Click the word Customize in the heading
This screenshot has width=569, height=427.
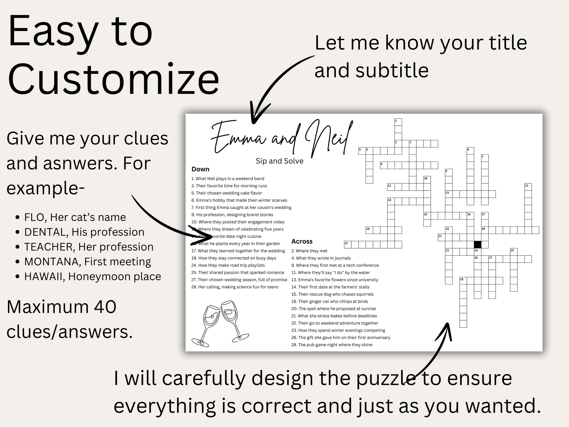[x=113, y=79]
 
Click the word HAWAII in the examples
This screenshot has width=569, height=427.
[x=44, y=277]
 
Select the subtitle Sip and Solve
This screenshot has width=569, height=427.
[x=279, y=161]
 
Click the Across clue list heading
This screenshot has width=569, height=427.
[x=302, y=241]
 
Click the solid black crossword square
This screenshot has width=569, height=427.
[x=477, y=244]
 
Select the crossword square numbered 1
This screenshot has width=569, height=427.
[x=398, y=122]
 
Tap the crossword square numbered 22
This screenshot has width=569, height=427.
[x=347, y=244]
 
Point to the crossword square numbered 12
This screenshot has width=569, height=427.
[x=528, y=187]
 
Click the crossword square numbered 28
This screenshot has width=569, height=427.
[x=463, y=280]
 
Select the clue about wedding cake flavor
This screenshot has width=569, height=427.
[x=226, y=193]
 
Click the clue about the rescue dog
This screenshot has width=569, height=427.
[x=332, y=294]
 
